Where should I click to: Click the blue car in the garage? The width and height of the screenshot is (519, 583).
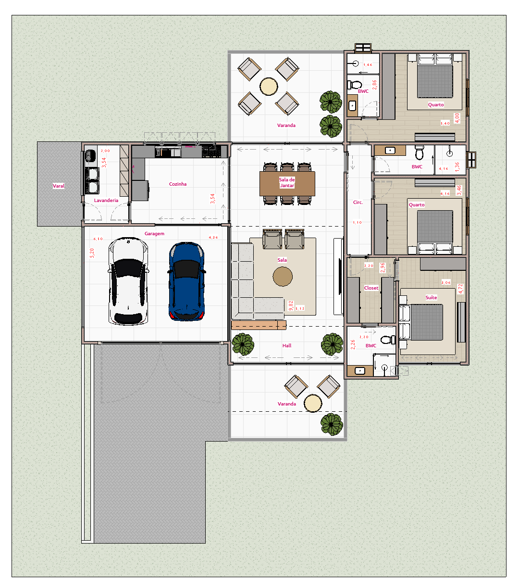pyautogui.click(x=186, y=282)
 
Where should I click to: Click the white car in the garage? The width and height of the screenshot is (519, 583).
pyautogui.click(x=128, y=280)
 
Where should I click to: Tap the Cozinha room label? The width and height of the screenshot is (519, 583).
pyautogui.click(x=178, y=184)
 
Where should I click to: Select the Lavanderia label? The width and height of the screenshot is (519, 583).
pyautogui.click(x=106, y=201)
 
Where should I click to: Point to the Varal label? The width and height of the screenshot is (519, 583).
pyautogui.click(x=59, y=186)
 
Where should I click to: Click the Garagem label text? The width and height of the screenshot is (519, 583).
pyautogui.click(x=154, y=234)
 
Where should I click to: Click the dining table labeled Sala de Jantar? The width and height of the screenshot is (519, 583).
pyautogui.click(x=287, y=183)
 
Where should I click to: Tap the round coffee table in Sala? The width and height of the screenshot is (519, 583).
pyautogui.click(x=283, y=277)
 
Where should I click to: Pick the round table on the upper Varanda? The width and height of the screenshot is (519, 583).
pyautogui.click(x=269, y=87)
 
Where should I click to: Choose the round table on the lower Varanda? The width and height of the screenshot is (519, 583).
pyautogui.click(x=313, y=403)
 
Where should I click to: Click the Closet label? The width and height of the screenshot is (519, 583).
pyautogui.click(x=371, y=288)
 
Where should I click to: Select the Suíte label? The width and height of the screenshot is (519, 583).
pyautogui.click(x=431, y=298)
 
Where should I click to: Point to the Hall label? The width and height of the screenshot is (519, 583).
pyautogui.click(x=287, y=346)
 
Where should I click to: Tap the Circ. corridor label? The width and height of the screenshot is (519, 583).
pyautogui.click(x=358, y=203)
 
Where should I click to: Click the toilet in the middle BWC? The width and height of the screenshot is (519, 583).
pyautogui.click(x=420, y=153)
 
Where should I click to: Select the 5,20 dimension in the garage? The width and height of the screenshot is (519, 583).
pyautogui.click(x=92, y=253)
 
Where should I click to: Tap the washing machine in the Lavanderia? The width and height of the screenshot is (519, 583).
pyautogui.click(x=90, y=156)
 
